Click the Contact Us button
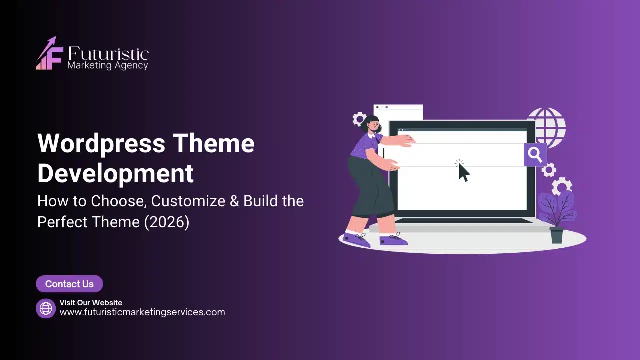pyautogui.click(x=69, y=284)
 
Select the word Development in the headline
pyautogui.click(x=115, y=173)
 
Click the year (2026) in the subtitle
pyautogui.click(x=166, y=221)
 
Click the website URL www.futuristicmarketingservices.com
pyautogui.click(x=142, y=312)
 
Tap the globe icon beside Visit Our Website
pyautogui.click(x=46, y=308)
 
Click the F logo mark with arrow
pyautogui.click(x=49, y=54)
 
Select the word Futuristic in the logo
pyautogui.click(x=108, y=54)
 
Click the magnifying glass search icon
pyautogui.click(x=535, y=154)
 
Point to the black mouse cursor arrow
pyautogui.click(x=464, y=173)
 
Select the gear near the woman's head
pyautogui.click(x=359, y=119)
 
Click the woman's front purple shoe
pyautogui.click(x=393, y=240)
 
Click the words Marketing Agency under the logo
pyautogui.click(x=108, y=65)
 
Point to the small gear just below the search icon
pyautogui.click(x=549, y=170)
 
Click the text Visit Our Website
pyautogui.click(x=91, y=302)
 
